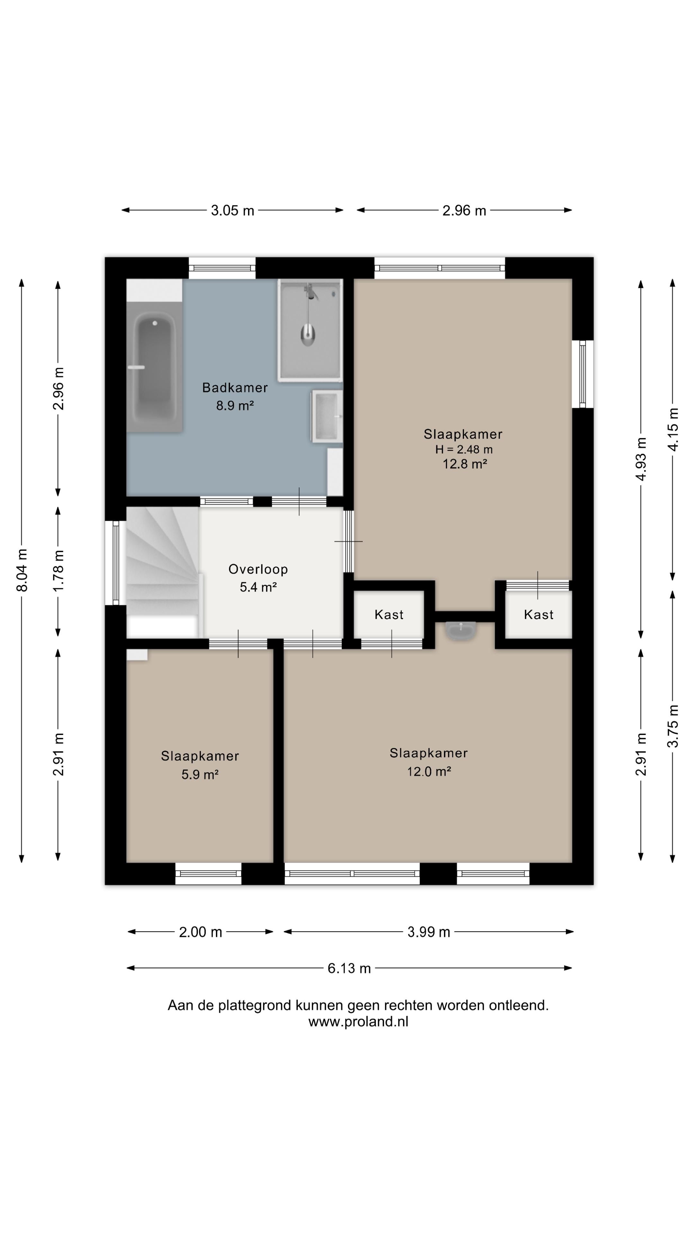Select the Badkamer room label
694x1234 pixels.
(235, 388)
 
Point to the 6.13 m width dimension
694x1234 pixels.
(349, 968)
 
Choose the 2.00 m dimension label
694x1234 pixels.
(201, 932)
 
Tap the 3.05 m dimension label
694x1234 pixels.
(232, 210)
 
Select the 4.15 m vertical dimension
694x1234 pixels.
(673, 429)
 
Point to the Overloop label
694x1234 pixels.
(258, 569)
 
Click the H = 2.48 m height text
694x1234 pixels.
(464, 449)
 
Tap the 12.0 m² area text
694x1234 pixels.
(429, 771)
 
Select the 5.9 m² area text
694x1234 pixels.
(200, 774)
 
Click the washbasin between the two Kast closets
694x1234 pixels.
(461, 630)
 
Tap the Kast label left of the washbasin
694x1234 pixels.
(389, 615)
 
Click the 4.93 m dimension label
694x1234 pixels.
(641, 459)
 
